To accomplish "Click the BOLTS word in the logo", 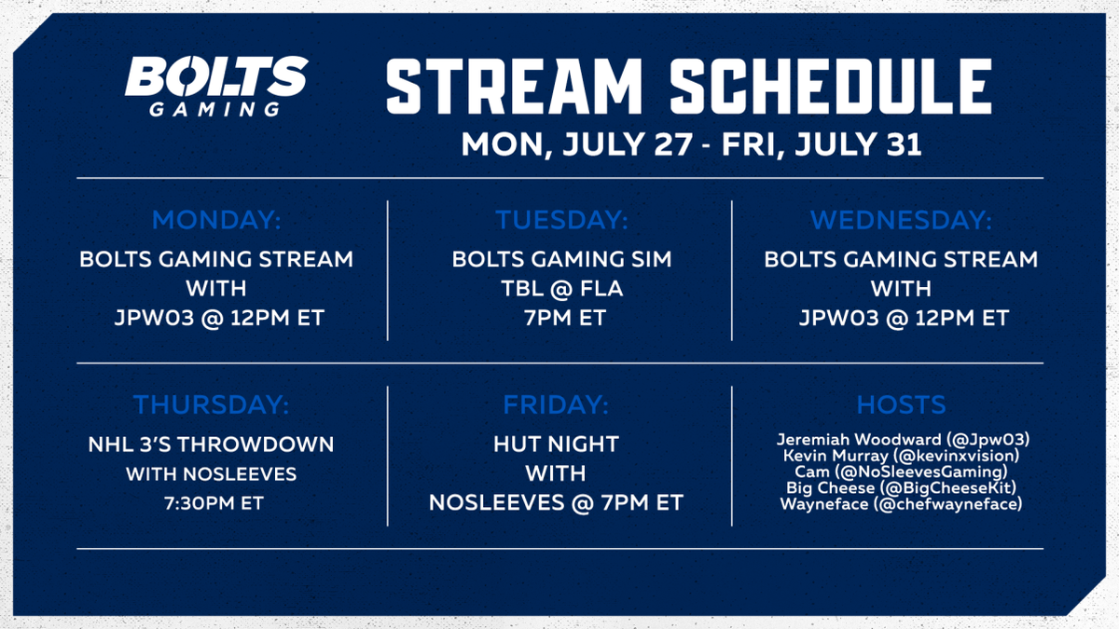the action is pos(216,75).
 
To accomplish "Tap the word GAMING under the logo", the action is pos(214,109).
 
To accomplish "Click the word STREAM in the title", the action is pos(514,87).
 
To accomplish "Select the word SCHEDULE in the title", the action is pos(830,87).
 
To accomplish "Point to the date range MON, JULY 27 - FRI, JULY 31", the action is pos(691,144).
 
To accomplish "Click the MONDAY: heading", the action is pos(216,220).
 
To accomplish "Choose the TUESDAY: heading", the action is pos(561,220).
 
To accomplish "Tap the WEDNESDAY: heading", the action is pos(901,220).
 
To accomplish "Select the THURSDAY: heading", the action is pos(212,404).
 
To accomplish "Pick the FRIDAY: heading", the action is pos(556,404).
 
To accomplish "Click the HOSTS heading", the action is pos(901,404).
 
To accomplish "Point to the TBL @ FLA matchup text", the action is pos(562,289).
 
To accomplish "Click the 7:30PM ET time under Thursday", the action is pos(214,503).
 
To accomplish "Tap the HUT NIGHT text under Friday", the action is pos(556,444).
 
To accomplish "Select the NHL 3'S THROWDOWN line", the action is pos(211,444).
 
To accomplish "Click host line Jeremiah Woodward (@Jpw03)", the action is pos(904,439).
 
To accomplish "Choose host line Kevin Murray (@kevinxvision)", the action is pos(901,456).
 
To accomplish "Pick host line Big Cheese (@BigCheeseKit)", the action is pos(901,487).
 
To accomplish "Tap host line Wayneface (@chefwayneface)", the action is pos(901,504).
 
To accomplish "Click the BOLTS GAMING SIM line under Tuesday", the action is pos(562,260).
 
